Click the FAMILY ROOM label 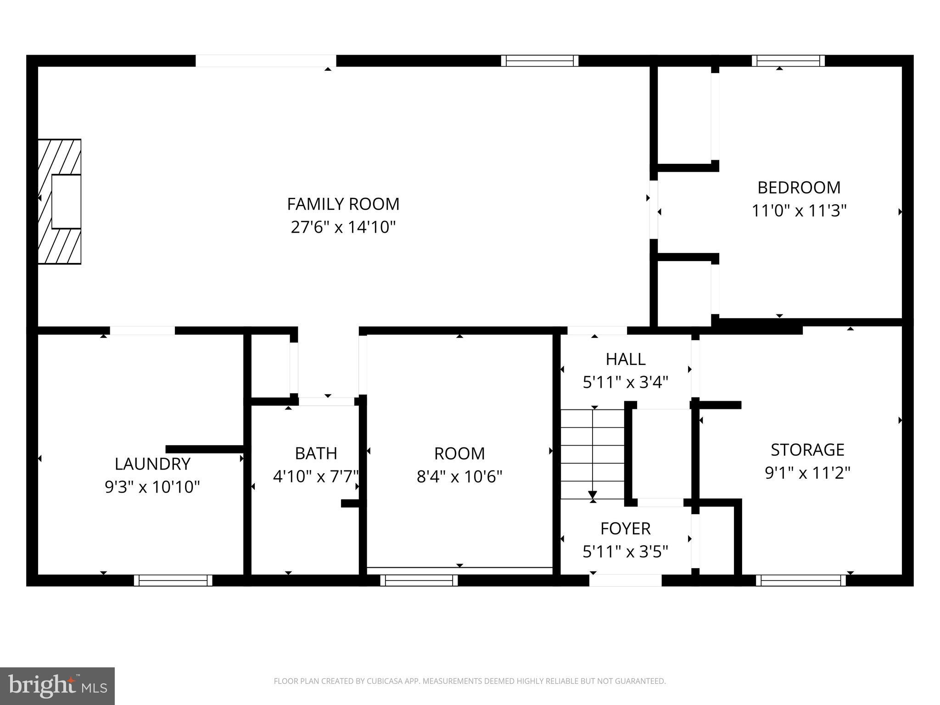coord(343,204)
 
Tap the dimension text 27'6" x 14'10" coord(343,227)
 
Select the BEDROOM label coord(799,187)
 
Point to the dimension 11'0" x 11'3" coord(799,211)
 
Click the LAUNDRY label coord(152,464)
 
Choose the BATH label coord(316,453)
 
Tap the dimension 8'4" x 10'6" coord(459,476)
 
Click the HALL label coord(626,359)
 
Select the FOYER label coord(626,528)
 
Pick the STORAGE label coord(807,449)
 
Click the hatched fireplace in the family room coord(60,201)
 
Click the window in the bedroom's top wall coord(788,61)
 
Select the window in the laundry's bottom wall coord(173,580)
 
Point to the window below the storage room coord(800,580)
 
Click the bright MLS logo coord(57,686)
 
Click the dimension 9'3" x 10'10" coord(152,487)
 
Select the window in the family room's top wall coord(539,61)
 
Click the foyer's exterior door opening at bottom coord(625,580)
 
